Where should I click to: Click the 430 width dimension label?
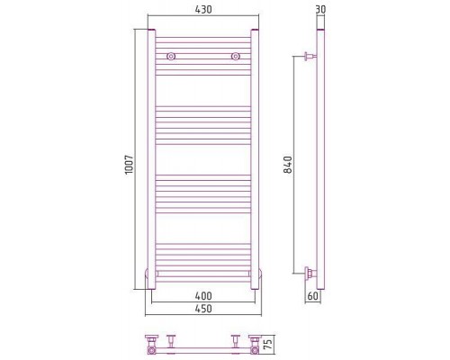coord(203,10)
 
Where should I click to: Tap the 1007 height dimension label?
coord(129,165)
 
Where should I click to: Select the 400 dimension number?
coord(203,296)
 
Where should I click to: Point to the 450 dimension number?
coord(203,309)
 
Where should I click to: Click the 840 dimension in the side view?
coord(288,165)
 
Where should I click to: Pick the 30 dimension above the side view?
coord(320,10)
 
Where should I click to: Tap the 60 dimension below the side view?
coord(312,296)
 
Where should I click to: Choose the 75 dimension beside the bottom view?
coord(269,344)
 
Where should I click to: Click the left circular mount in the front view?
coord(171,56)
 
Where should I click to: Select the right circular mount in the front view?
coord(236,56)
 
